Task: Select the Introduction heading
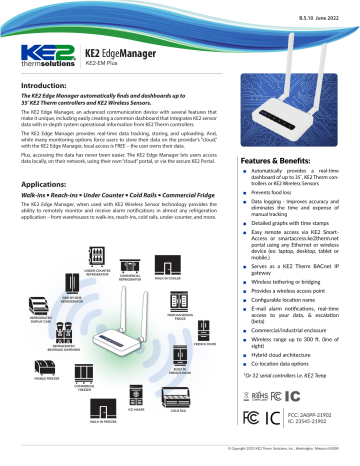click(x=49, y=88)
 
